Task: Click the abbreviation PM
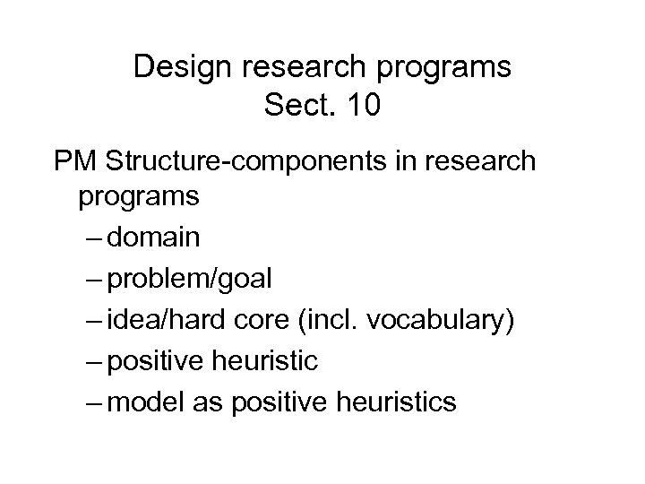click(74, 164)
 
